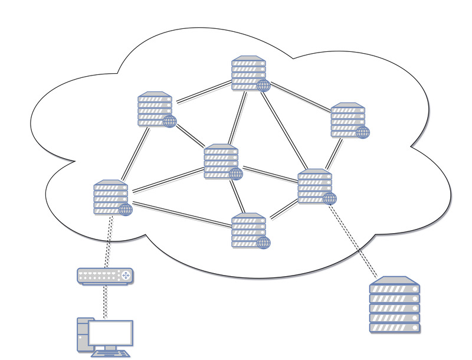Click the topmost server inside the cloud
[x=248, y=73]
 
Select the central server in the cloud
[x=221, y=161]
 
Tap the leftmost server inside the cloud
[x=110, y=197]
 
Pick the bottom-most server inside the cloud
[x=248, y=230]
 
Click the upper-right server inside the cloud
[x=348, y=120]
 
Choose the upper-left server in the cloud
[x=155, y=109]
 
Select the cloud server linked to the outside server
[x=314, y=186]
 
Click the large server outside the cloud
[x=394, y=305]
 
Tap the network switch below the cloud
[x=105, y=276]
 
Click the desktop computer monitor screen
[x=112, y=333]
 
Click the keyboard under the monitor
[x=112, y=354]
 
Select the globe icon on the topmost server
[x=264, y=86]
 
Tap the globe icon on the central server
[x=236, y=174]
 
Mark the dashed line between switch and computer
[x=105, y=301]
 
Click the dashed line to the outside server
[x=354, y=242]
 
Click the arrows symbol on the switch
[x=125, y=276]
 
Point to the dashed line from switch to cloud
[x=108, y=242]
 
